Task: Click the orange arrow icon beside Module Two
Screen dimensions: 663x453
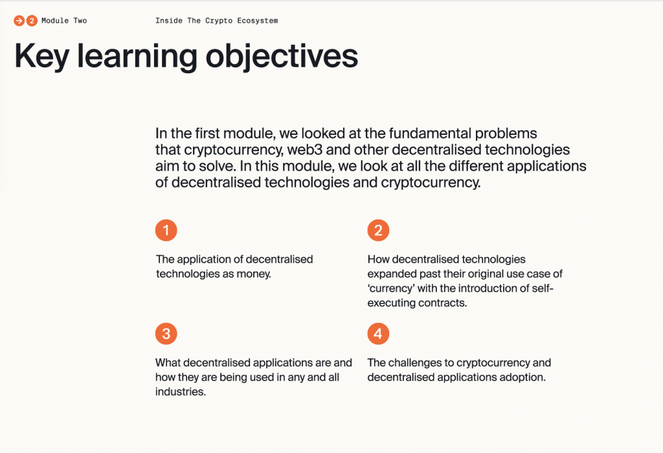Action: [x=19, y=21]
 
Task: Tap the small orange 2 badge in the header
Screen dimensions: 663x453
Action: [x=32, y=21]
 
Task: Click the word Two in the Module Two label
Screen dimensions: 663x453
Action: [x=80, y=21]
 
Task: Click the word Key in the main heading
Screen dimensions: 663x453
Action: [x=41, y=56]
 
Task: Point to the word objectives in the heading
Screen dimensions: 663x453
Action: [x=282, y=56]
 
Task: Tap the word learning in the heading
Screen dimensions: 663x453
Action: [x=137, y=56]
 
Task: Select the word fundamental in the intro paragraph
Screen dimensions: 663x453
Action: [x=430, y=134]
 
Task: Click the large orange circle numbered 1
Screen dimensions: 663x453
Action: [x=166, y=230]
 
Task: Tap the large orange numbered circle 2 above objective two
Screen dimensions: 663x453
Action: [x=378, y=230]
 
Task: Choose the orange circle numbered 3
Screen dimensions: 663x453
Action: [x=166, y=334]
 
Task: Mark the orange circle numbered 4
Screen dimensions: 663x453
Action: [x=378, y=334]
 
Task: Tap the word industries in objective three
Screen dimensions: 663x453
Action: [x=181, y=391]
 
